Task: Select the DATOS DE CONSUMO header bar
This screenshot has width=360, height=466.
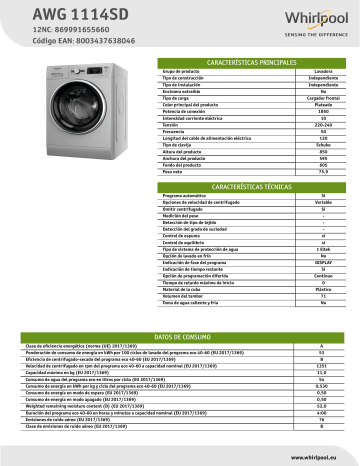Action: pos(181,337)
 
